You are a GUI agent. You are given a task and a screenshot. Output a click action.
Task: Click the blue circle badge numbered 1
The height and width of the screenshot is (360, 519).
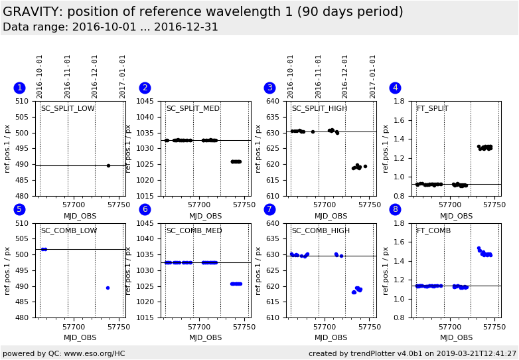(x=19, y=88)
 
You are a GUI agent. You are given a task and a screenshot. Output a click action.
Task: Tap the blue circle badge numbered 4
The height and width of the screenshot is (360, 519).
(x=395, y=88)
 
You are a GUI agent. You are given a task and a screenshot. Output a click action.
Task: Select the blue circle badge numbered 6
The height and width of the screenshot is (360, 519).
(x=145, y=209)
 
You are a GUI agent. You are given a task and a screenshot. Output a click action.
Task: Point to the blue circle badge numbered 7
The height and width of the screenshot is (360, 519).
(x=269, y=209)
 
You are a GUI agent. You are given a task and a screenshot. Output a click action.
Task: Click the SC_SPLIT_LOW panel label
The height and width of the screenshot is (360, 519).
(x=68, y=109)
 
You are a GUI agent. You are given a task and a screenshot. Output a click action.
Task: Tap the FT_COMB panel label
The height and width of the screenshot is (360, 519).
(x=433, y=231)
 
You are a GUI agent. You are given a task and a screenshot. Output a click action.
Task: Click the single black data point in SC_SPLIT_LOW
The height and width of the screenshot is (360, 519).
(x=108, y=165)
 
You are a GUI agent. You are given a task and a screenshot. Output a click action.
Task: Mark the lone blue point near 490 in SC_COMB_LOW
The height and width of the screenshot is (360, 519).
(x=108, y=288)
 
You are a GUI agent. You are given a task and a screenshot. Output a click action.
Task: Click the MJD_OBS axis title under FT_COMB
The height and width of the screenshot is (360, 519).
(x=456, y=337)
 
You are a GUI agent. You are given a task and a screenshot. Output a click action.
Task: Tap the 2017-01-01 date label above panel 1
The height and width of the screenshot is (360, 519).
(x=123, y=76)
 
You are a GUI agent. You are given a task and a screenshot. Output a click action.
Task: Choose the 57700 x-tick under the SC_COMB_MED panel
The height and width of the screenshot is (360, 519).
(x=199, y=327)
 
